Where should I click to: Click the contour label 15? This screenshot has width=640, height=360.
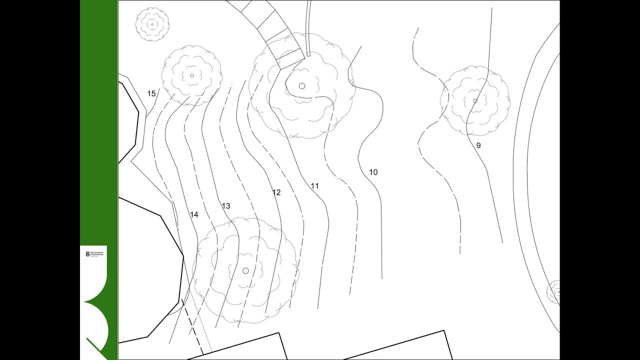tap(151, 93)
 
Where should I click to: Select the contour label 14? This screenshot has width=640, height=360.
tap(194, 214)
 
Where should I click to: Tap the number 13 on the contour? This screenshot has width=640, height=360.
tap(225, 206)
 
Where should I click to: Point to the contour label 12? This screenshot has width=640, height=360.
tap(276, 192)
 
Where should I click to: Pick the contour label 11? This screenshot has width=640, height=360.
tap(314, 186)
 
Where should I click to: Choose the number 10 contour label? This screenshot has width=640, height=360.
tap(373, 172)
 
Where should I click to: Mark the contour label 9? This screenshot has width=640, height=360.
tap(478, 145)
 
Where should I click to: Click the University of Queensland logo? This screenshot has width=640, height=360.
tap(93, 254)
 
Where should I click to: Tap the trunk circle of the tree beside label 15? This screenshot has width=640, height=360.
tap(192, 76)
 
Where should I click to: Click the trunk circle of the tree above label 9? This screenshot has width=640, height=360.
tap(475, 101)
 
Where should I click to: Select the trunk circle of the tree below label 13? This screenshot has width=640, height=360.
tap(245, 270)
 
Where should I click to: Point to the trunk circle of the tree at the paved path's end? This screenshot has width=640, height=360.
tap(302, 86)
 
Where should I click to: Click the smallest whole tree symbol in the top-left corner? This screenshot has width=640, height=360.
tap(152, 24)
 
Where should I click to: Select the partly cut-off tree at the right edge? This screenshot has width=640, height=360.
tap(553, 292)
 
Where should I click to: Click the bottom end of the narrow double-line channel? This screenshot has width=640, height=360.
tap(308, 54)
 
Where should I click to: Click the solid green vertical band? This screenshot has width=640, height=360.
tap(99, 125)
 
